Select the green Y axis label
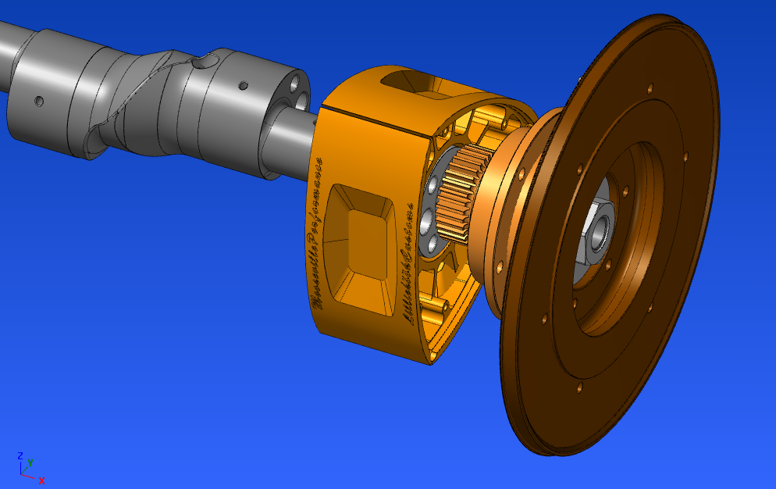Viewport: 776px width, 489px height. click(x=30, y=462)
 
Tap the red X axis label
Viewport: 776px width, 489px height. click(x=41, y=480)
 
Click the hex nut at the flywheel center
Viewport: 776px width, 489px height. click(x=598, y=230)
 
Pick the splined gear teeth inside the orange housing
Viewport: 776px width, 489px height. click(x=461, y=196)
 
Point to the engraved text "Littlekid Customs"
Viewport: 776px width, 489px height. click(x=408, y=262)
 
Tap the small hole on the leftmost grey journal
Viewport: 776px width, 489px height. click(x=37, y=101)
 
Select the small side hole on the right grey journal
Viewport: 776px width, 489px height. click(x=244, y=84)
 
